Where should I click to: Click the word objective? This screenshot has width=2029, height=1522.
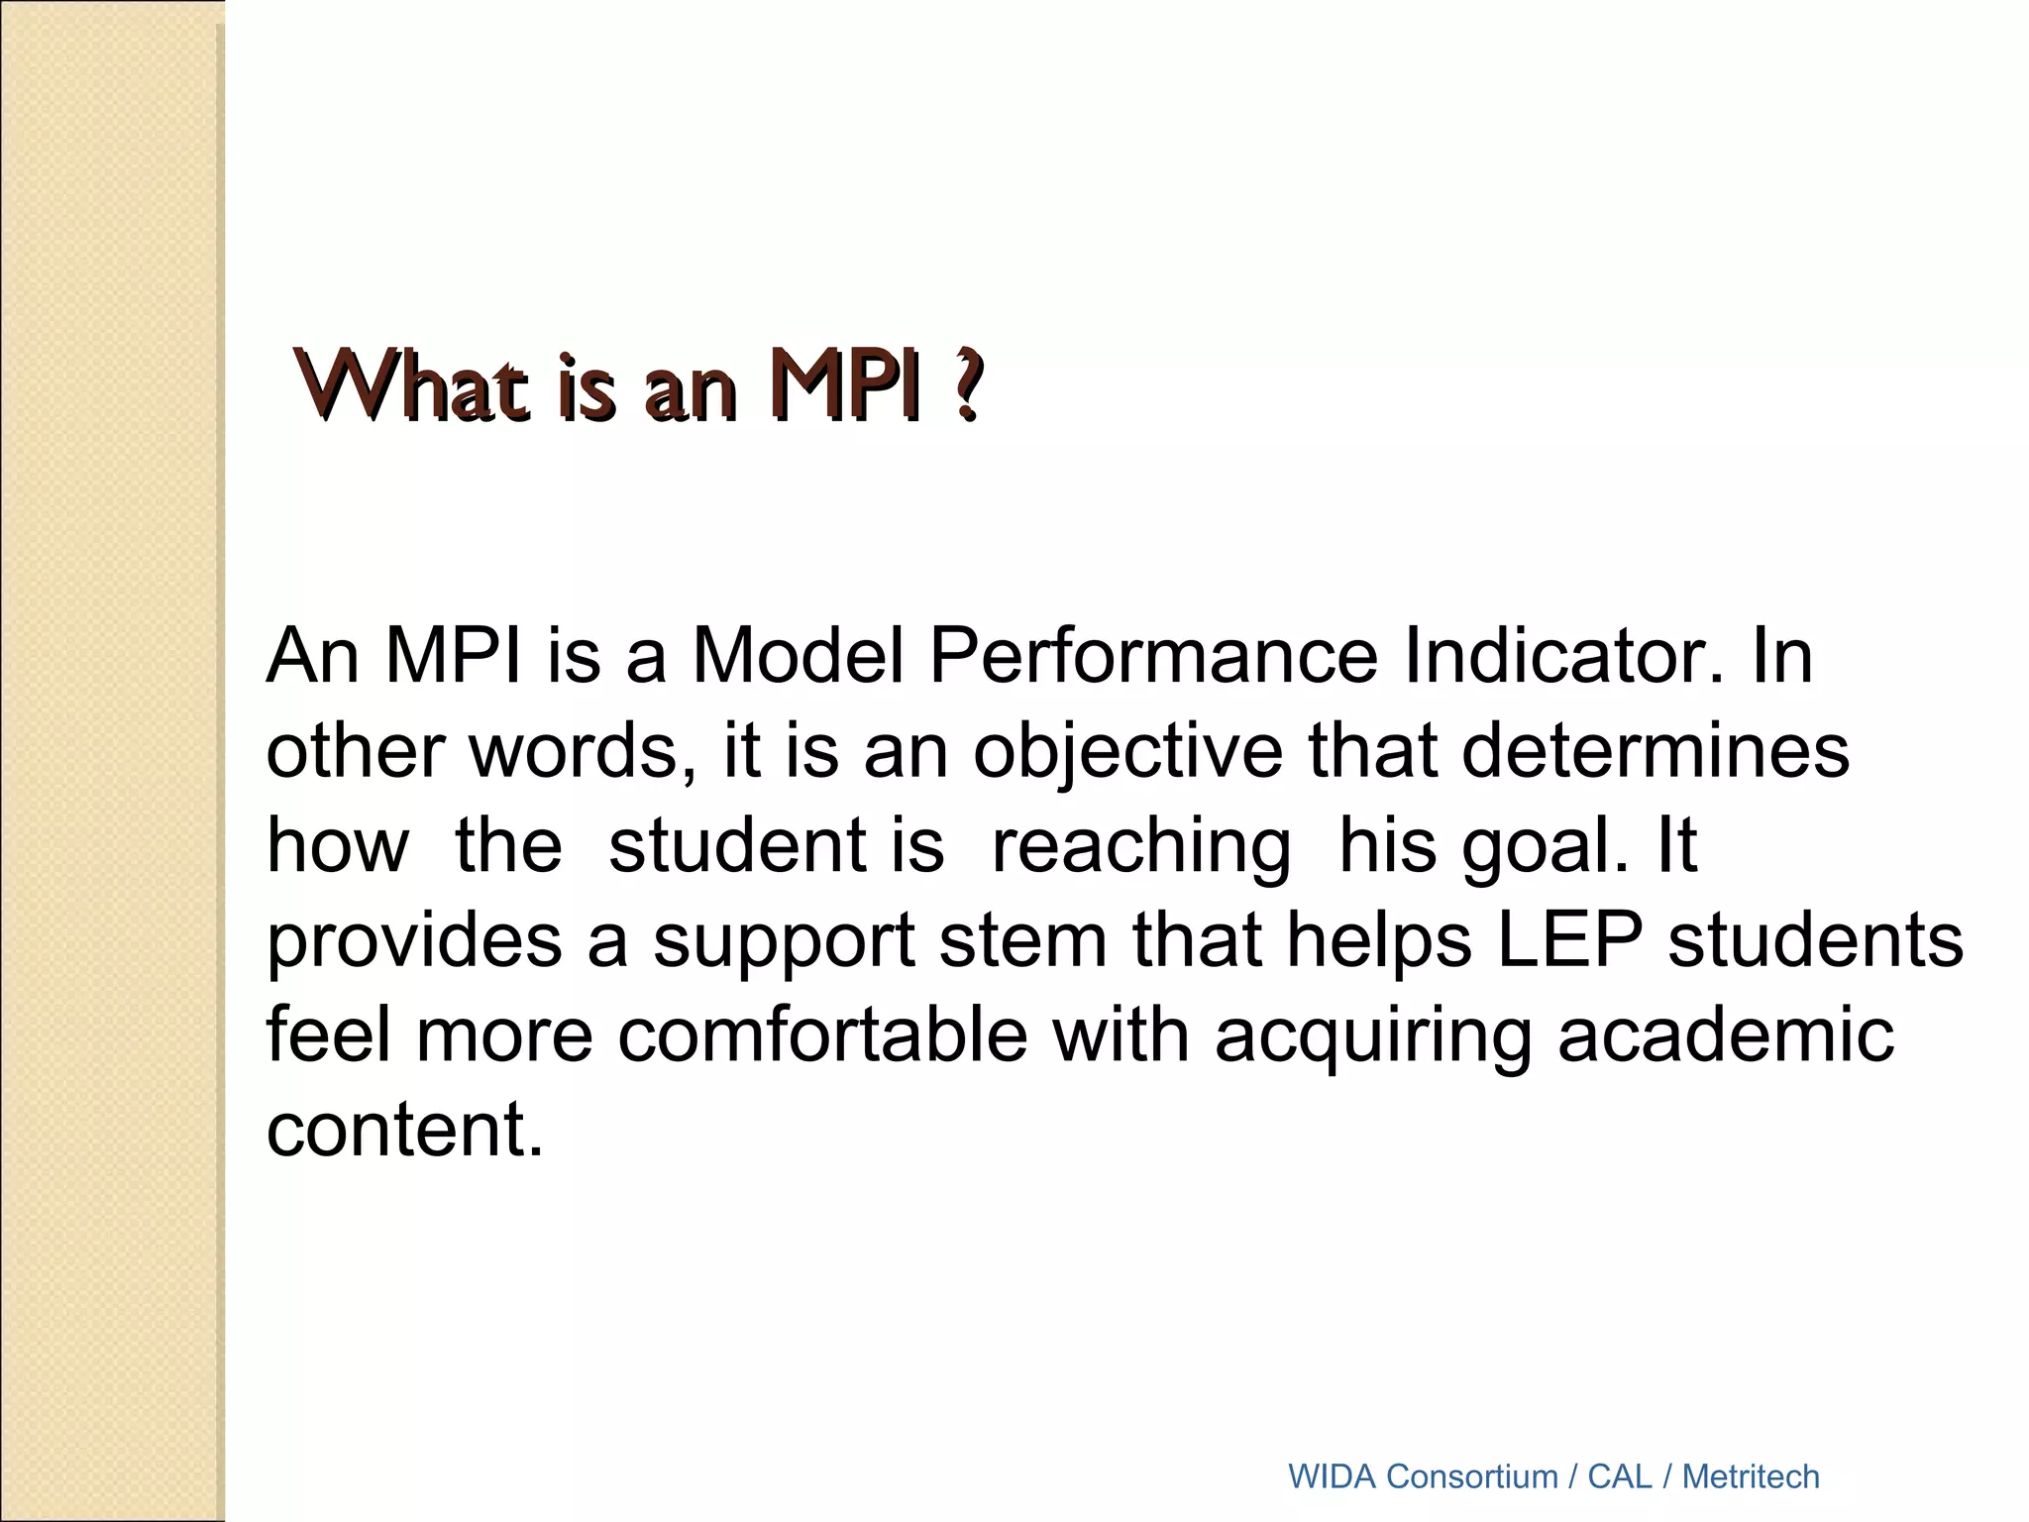(x=1128, y=751)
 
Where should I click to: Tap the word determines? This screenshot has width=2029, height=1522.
(x=1655, y=751)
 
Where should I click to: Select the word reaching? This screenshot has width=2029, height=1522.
(x=1140, y=846)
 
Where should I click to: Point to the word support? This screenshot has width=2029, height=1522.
(x=784, y=942)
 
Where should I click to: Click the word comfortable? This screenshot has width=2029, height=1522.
(x=822, y=1035)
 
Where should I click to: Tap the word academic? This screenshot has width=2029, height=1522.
(x=1725, y=1035)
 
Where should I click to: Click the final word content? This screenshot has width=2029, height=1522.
(x=404, y=1131)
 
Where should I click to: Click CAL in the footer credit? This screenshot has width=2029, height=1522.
(x=1620, y=1476)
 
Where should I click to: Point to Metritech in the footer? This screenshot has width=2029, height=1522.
(x=1751, y=1476)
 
